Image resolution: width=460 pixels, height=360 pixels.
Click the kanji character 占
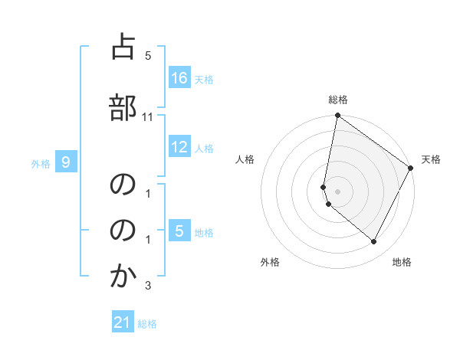click(x=122, y=48)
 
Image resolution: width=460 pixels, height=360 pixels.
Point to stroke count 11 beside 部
click(x=148, y=116)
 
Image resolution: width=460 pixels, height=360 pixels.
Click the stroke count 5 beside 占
click(x=148, y=56)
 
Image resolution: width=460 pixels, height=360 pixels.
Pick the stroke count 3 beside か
click(x=148, y=286)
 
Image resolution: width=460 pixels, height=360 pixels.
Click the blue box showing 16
click(x=179, y=78)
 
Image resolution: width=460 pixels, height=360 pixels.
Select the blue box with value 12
click(x=179, y=148)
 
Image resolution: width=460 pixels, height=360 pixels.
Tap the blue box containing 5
click(x=179, y=231)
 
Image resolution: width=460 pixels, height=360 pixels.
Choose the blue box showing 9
click(x=66, y=162)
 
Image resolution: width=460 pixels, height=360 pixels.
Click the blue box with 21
click(x=123, y=323)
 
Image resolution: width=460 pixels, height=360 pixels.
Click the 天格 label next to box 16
click(x=204, y=79)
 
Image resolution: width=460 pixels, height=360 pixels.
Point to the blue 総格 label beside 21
click(x=147, y=324)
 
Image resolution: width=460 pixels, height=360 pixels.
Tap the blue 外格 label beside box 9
click(x=41, y=163)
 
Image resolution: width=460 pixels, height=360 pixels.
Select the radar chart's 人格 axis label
click(x=245, y=159)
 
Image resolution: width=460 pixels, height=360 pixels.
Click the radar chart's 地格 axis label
click(x=402, y=262)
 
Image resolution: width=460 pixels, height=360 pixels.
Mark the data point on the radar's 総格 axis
click(x=337, y=116)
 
